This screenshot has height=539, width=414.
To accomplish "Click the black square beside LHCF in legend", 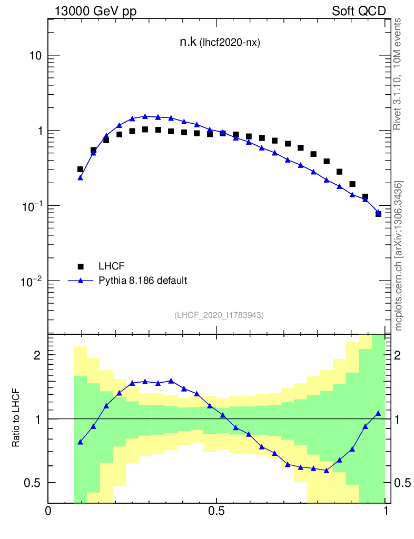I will pyautogui.click(x=81, y=267).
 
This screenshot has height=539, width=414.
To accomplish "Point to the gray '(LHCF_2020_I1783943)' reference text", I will pyautogui.click(x=219, y=315).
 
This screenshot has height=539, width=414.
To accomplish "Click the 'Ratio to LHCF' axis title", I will pyautogui.click(x=16, y=418).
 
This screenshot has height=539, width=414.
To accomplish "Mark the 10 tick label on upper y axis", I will pyautogui.click(x=35, y=56).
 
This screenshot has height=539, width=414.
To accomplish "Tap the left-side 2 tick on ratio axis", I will pyautogui.click(x=37, y=355).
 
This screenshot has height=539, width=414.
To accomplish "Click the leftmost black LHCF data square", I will pyautogui.click(x=80, y=169).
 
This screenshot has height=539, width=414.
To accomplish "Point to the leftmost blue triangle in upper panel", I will pyautogui.click(x=80, y=178).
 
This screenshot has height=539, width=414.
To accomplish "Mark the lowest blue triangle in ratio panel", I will pyautogui.click(x=327, y=471).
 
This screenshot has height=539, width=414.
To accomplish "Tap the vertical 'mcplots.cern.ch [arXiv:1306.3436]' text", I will pyautogui.click(x=399, y=256).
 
